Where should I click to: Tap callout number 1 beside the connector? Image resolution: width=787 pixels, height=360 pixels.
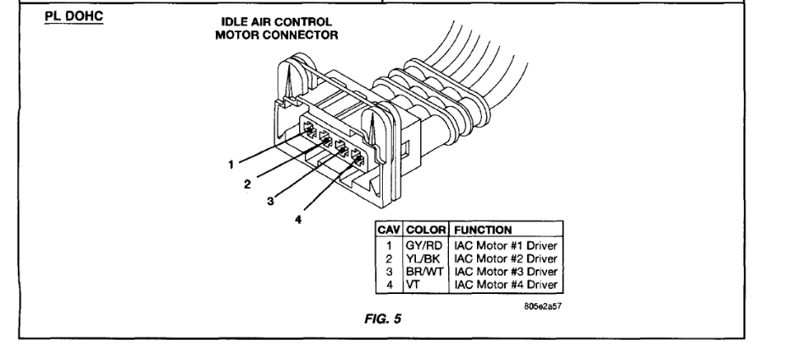(x=230, y=161)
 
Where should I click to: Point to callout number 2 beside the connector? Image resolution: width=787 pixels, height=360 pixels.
(x=247, y=181)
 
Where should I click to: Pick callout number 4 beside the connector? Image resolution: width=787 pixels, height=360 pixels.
(x=297, y=219)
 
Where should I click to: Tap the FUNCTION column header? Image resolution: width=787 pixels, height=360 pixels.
(x=483, y=229)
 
